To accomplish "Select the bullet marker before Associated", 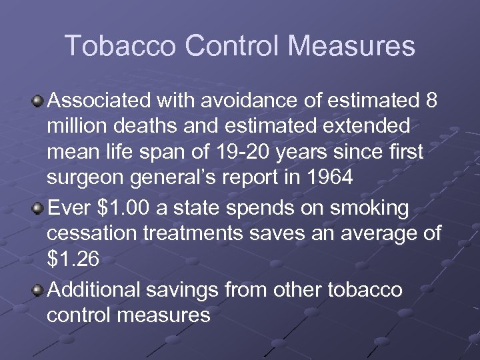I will click(39, 101).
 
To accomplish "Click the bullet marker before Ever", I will click(39, 207).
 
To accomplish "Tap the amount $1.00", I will click(124, 207).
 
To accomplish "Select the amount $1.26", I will click(73, 259).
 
